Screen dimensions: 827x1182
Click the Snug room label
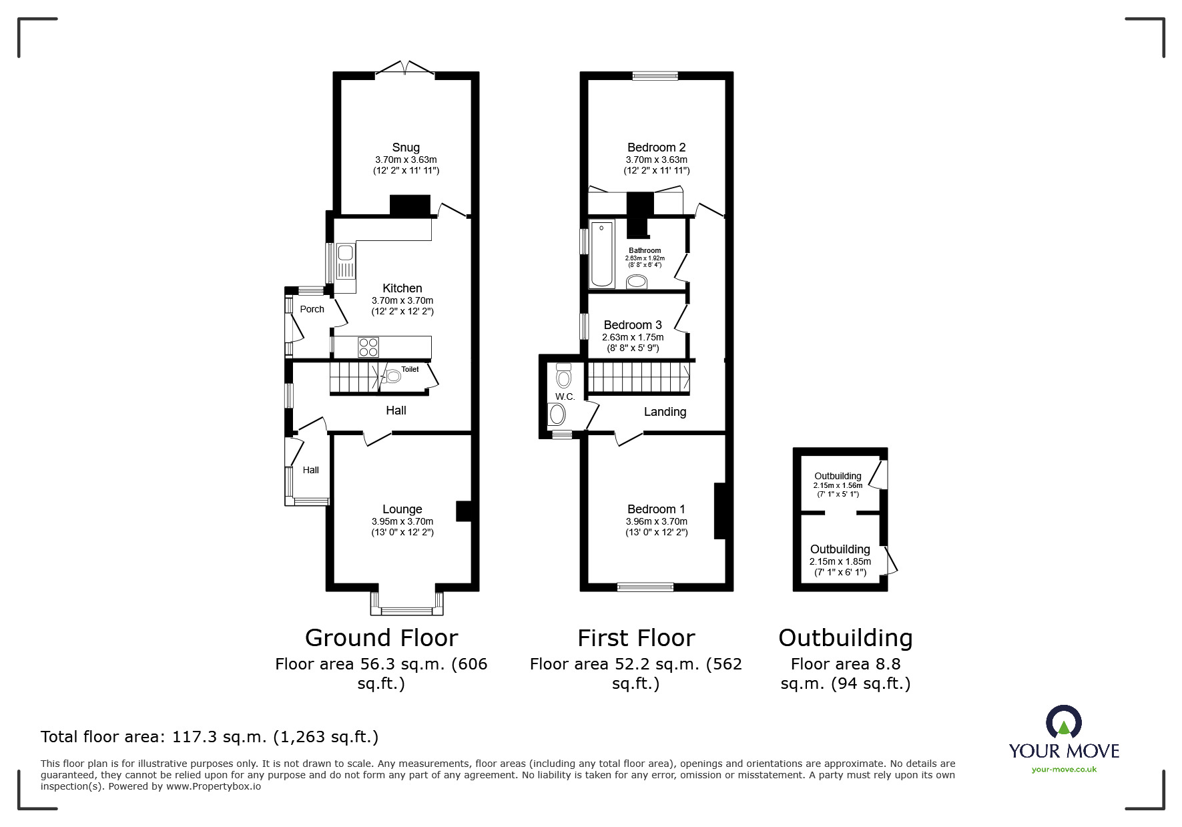(x=406, y=148)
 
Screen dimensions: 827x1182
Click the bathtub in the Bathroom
(x=602, y=254)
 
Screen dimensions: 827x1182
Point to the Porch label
(x=312, y=309)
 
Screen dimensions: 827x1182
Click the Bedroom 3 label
(x=633, y=325)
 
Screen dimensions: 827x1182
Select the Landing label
(x=665, y=412)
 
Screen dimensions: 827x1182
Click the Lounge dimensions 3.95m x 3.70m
(x=402, y=521)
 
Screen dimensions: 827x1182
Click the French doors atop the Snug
(x=405, y=69)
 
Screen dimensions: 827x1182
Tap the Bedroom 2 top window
(x=655, y=75)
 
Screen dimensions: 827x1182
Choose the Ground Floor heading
(x=381, y=638)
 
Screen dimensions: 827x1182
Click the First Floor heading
(x=636, y=638)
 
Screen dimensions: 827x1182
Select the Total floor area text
(x=210, y=737)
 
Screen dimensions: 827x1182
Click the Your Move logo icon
(x=1063, y=722)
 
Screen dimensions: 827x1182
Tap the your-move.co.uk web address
(x=1064, y=770)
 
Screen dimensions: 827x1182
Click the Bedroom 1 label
(x=656, y=509)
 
